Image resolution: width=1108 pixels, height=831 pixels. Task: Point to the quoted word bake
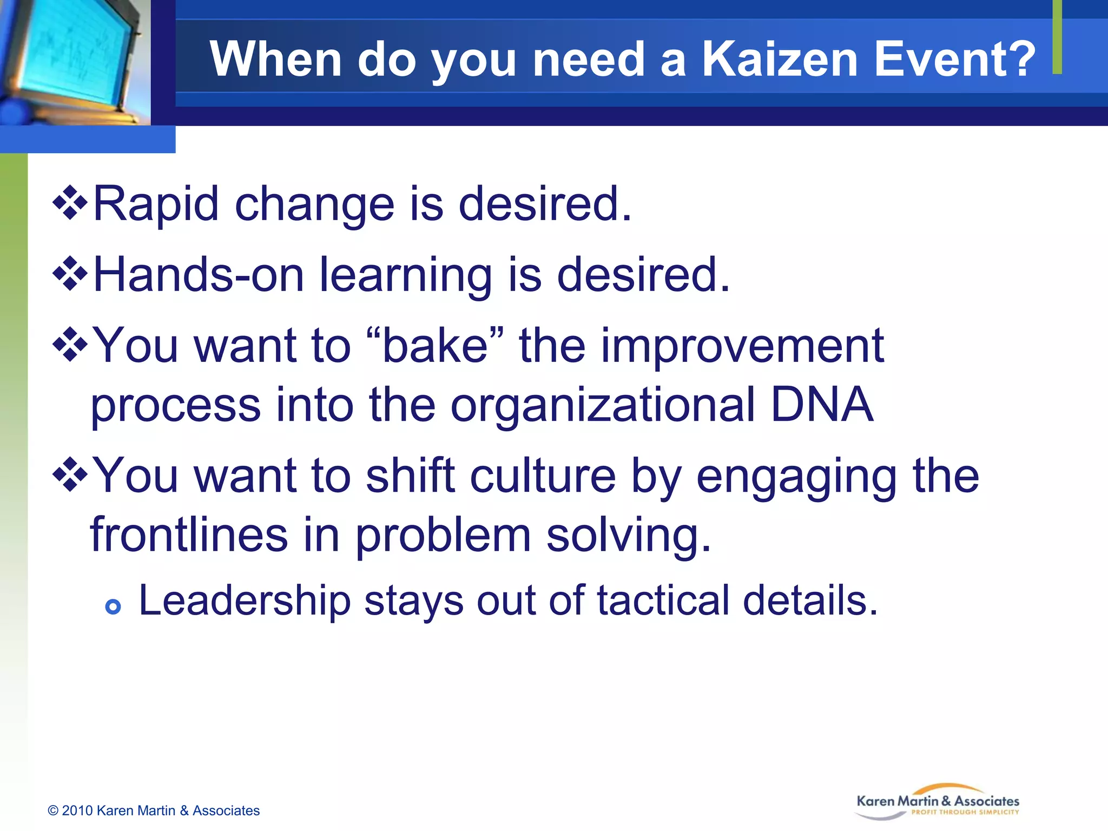tap(436, 346)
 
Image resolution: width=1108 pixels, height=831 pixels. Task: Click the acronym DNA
tap(822, 405)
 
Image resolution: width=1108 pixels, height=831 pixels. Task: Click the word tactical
tap(663, 601)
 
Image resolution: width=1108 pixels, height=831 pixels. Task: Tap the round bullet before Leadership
tap(113, 607)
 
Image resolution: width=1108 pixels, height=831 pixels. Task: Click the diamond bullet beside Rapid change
tap(70, 203)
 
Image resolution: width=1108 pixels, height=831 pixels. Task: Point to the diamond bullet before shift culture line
tap(70, 475)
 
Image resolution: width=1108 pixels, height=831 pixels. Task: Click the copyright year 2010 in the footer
tap(78, 810)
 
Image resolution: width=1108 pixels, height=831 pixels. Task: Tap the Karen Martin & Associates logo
tap(938, 802)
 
